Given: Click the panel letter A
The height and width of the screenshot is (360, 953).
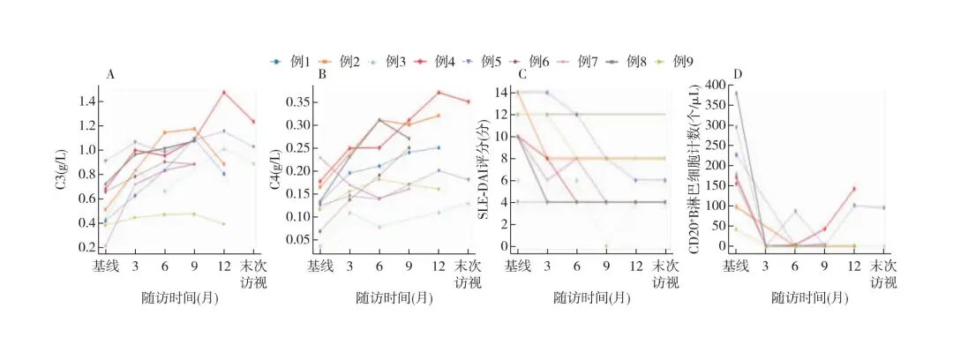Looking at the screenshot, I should click(x=110, y=75).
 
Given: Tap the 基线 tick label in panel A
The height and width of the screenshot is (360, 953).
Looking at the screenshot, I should click(x=107, y=266).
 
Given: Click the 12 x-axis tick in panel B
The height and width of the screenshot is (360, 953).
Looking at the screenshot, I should click(x=438, y=266).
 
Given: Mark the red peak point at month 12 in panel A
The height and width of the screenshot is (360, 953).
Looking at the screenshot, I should click(x=224, y=93).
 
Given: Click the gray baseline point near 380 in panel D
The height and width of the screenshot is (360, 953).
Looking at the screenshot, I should click(x=737, y=93).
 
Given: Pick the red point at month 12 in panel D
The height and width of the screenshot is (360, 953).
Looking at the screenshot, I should click(x=854, y=188).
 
